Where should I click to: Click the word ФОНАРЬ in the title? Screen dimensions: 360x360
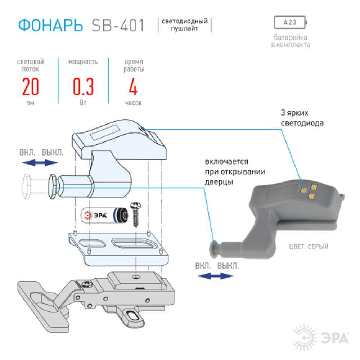(50, 25)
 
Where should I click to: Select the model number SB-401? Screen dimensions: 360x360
(118, 25)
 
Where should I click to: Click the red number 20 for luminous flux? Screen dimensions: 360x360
(30, 86)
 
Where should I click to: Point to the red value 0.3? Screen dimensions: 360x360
(83, 86)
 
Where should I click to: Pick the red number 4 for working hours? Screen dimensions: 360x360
(133, 86)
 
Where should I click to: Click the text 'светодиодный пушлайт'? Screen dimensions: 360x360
(185, 25)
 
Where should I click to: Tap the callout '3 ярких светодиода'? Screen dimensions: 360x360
(302, 118)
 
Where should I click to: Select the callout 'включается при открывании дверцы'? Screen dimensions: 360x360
(235, 172)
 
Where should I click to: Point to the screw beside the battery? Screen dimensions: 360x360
(136, 214)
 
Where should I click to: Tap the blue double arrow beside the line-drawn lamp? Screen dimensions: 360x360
(40, 162)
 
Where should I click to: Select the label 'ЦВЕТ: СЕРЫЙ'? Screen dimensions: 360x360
(309, 247)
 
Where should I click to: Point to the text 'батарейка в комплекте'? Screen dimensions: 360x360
(291, 41)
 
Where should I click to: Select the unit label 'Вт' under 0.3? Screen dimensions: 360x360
(83, 103)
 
